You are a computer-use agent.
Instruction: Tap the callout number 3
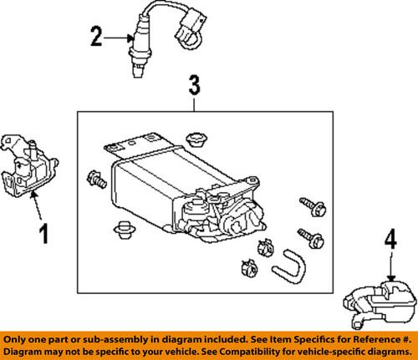click(x=193, y=85)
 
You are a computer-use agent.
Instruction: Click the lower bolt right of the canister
click(x=312, y=238)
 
